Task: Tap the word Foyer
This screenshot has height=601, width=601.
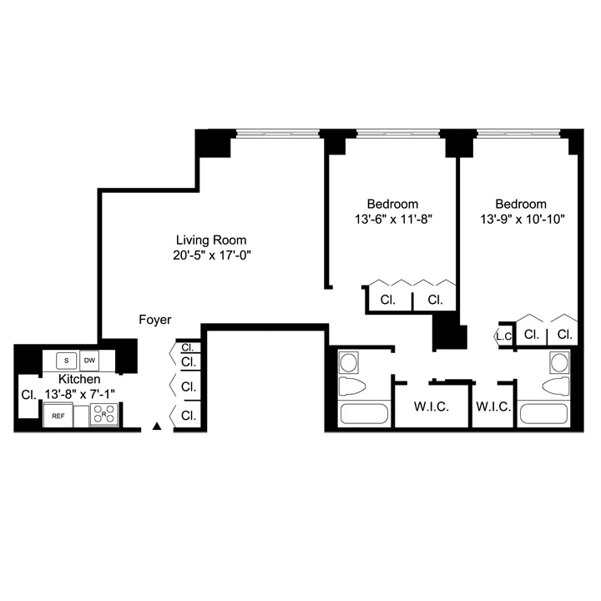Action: pyautogui.click(x=155, y=320)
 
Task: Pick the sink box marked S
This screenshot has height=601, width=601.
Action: pyautogui.click(x=64, y=361)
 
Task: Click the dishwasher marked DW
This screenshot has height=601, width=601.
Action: pyautogui.click(x=88, y=361)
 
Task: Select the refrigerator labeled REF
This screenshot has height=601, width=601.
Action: pyautogui.click(x=58, y=415)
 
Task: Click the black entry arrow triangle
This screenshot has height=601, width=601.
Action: pyautogui.click(x=157, y=427)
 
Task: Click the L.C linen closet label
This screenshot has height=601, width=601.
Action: pyautogui.click(x=503, y=336)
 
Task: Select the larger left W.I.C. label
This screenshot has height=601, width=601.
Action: pyautogui.click(x=432, y=407)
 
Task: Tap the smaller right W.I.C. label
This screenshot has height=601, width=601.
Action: pyautogui.click(x=492, y=407)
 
